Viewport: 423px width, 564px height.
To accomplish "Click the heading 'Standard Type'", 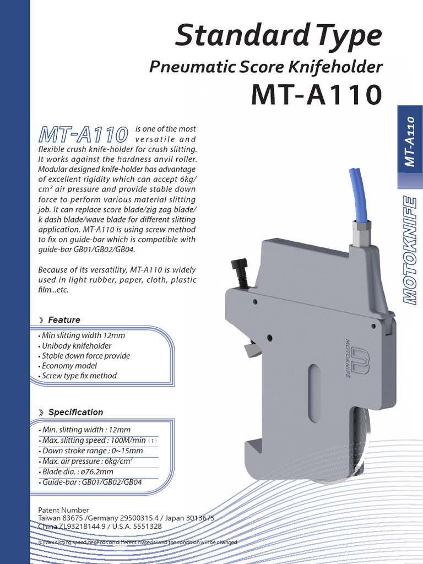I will pos(278,36).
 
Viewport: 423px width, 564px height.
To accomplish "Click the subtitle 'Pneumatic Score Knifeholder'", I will pos(266,67).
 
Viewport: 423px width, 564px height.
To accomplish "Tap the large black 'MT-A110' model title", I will pos(316,95).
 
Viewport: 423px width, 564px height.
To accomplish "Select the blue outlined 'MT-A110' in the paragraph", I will pos(83,134).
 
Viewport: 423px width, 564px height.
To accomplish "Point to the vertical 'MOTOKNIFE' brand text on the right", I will pos(409,249).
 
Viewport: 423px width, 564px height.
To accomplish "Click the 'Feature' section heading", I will pos(64,320).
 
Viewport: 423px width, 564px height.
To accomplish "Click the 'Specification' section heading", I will pos(75,412).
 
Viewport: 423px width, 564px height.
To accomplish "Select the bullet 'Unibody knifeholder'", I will pos(77,346).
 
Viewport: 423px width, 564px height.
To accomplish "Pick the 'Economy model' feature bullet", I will pos(69,366).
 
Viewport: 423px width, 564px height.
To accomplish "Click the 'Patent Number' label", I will pos(63,510).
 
